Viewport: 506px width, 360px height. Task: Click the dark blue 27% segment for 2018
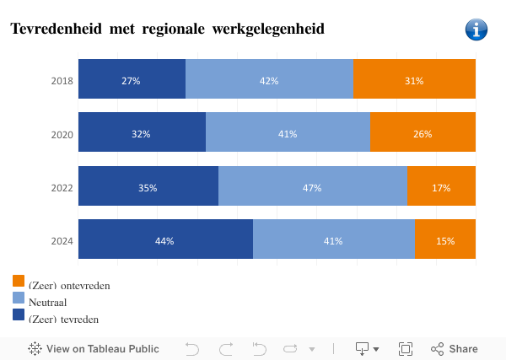(132, 80)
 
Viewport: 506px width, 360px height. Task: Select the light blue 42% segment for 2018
(269, 80)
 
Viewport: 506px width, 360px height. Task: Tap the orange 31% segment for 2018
(414, 80)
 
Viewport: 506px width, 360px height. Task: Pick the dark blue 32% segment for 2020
(142, 133)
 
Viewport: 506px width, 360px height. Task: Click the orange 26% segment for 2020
(423, 133)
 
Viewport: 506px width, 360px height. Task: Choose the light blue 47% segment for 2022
(312, 187)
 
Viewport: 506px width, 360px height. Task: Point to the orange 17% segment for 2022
(441, 187)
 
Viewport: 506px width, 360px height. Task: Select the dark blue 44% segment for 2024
(165, 240)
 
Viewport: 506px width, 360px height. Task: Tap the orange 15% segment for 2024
(444, 240)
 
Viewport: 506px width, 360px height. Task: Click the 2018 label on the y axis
(62, 81)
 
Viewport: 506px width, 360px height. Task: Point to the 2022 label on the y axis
(62, 188)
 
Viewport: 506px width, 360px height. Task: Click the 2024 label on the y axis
(62, 241)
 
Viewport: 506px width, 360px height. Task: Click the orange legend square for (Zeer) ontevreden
(19, 281)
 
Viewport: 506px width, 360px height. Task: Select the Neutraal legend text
(47, 302)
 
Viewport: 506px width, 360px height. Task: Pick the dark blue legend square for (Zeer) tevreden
(19, 314)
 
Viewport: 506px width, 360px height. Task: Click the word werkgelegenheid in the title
(270, 30)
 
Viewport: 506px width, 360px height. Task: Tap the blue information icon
(476, 30)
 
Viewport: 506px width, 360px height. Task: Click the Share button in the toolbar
(455, 348)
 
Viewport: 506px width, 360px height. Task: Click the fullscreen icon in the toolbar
(406, 348)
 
